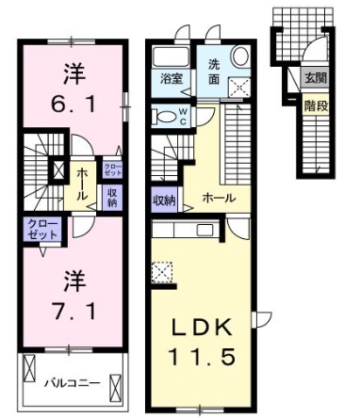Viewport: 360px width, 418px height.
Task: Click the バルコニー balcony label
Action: (x=72, y=384)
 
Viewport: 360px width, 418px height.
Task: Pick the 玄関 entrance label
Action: (x=314, y=80)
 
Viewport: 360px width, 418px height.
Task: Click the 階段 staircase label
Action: (x=314, y=106)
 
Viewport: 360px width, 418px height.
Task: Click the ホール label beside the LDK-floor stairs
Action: (x=218, y=198)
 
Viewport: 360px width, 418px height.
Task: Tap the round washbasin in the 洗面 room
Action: (x=238, y=56)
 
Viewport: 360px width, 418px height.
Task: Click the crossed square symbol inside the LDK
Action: (x=161, y=272)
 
